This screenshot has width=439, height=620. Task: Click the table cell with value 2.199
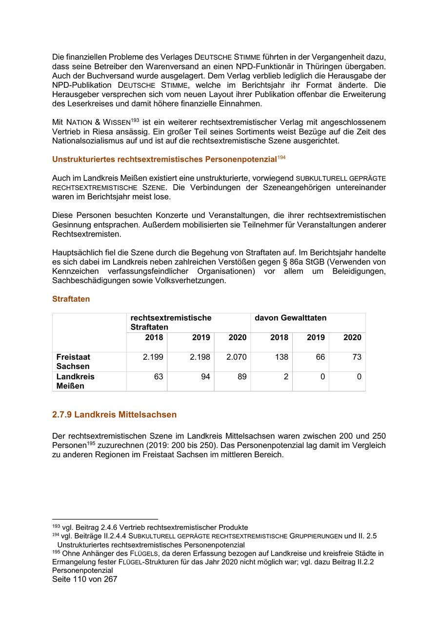click(x=153, y=357)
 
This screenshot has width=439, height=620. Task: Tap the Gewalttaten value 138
click(x=281, y=357)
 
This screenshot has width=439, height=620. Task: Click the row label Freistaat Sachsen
click(x=73, y=362)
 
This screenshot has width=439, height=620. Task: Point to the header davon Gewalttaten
click(x=290, y=318)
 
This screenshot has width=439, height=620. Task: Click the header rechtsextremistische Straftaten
click(x=171, y=322)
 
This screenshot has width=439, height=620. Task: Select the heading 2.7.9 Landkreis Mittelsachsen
click(x=114, y=415)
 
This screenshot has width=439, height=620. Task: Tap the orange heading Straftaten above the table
click(x=71, y=299)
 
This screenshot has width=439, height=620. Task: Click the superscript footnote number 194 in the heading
click(x=281, y=157)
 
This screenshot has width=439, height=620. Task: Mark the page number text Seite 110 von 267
click(x=85, y=580)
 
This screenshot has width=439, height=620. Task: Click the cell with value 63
click(x=158, y=377)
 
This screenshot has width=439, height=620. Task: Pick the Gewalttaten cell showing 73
click(x=357, y=357)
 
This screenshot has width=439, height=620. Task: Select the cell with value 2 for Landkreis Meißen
click(x=286, y=377)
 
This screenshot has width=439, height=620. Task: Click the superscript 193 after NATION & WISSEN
click(x=135, y=120)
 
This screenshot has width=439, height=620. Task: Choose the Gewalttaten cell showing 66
click(x=320, y=357)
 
